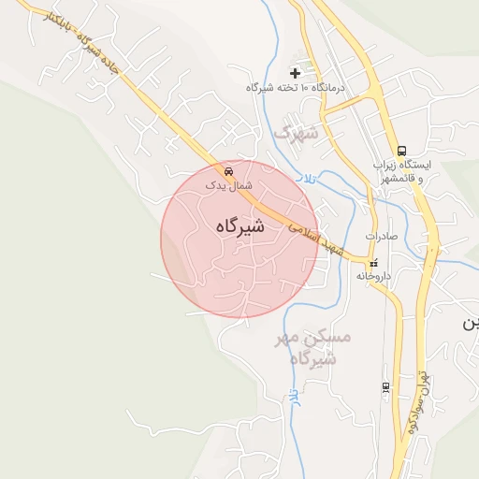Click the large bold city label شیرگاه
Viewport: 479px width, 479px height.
(x=239, y=226)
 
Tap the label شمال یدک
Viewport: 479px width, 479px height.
(x=229, y=185)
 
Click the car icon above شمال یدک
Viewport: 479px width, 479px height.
(x=229, y=171)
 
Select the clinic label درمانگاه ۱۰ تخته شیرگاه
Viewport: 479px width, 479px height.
(x=296, y=87)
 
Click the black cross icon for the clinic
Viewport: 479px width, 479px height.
(x=296, y=72)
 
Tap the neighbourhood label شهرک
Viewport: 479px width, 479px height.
(x=296, y=134)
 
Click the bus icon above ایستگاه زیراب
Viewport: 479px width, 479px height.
(x=401, y=151)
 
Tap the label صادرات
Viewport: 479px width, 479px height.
(x=382, y=236)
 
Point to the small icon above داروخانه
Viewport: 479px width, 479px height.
(x=374, y=263)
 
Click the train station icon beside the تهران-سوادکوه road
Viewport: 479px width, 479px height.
(x=385, y=386)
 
